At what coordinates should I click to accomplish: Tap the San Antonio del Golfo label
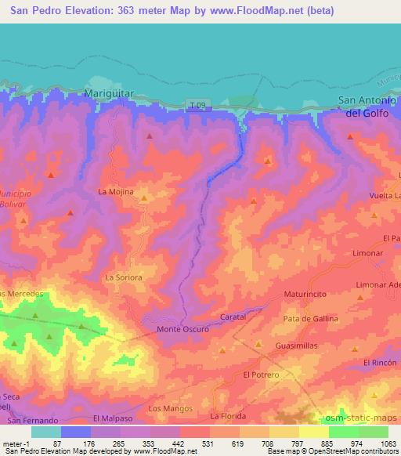click(x=368, y=106)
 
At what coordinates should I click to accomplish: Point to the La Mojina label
click(x=115, y=191)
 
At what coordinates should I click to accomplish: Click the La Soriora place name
click(x=122, y=277)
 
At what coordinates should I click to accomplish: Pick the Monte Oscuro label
click(x=182, y=329)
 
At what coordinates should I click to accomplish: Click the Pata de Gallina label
click(x=311, y=319)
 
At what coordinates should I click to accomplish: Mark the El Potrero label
click(x=261, y=375)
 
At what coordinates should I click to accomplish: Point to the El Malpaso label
click(x=109, y=419)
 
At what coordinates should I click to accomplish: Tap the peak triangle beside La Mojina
click(x=144, y=200)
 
